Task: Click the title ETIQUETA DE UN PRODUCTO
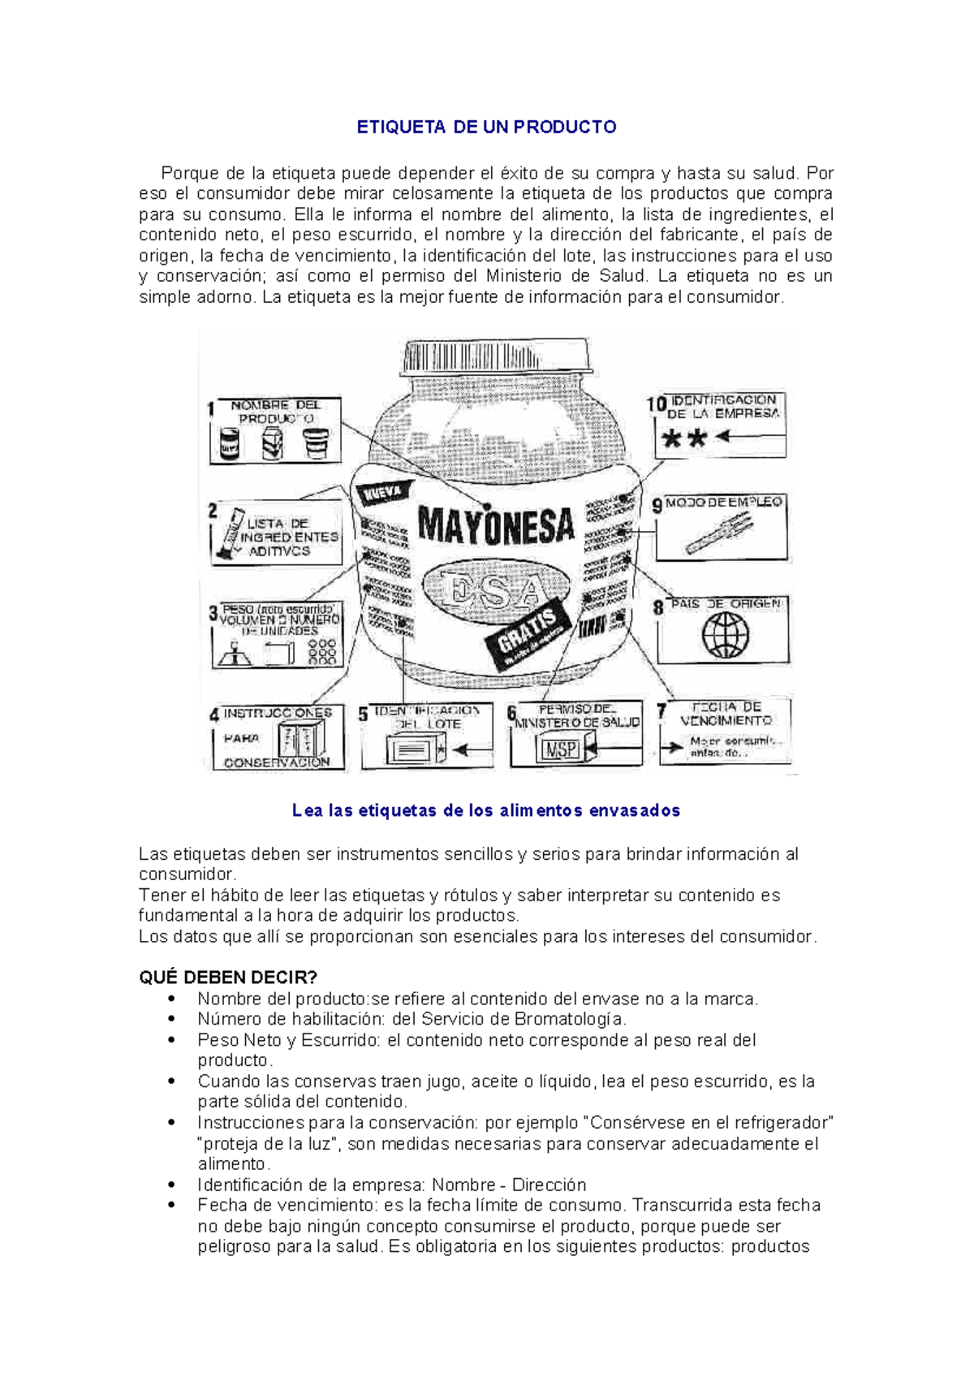(x=486, y=127)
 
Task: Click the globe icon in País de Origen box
(x=725, y=635)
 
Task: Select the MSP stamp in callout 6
(x=561, y=749)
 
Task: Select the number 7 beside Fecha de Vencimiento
(x=662, y=712)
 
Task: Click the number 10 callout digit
(x=656, y=404)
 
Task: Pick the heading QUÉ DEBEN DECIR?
(x=228, y=978)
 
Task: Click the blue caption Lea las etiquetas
(x=485, y=810)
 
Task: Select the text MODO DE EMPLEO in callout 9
(x=723, y=503)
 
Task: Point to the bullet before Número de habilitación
(x=171, y=1020)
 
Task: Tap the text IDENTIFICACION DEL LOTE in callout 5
(x=428, y=717)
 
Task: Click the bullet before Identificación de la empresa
(x=171, y=1185)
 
